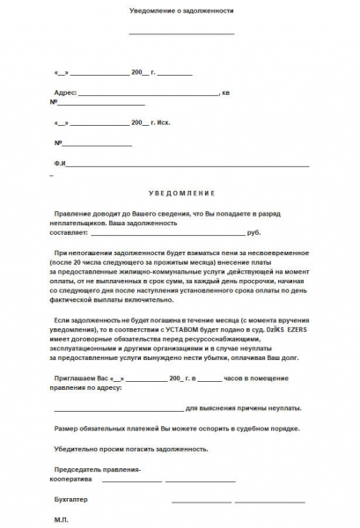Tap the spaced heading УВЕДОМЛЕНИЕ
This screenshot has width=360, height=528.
point(180,192)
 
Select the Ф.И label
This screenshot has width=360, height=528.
point(60,164)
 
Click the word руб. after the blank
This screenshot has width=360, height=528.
point(254,232)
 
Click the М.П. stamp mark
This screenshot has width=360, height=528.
point(61,519)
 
